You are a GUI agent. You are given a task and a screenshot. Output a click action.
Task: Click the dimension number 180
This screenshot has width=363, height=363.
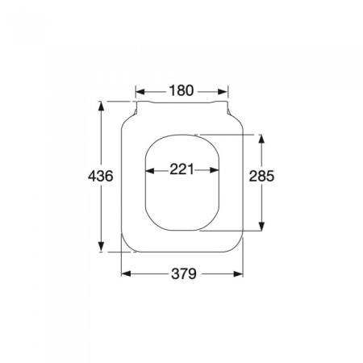(x=181, y=90)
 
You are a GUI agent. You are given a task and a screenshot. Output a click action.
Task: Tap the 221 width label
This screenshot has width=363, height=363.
(x=181, y=169)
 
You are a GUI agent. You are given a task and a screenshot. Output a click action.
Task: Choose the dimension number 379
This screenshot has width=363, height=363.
(x=182, y=274)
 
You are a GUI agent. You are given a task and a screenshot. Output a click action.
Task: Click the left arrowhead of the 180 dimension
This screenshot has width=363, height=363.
(x=139, y=91)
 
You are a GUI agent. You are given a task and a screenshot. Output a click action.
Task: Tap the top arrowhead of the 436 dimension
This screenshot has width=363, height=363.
(x=101, y=104)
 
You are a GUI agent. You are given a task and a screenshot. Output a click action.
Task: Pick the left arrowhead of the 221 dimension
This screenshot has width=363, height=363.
(x=148, y=169)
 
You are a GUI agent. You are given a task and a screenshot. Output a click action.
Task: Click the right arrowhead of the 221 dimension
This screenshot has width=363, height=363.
(x=215, y=169)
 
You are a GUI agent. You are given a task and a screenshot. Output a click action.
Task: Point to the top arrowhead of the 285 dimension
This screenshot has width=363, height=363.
(x=261, y=138)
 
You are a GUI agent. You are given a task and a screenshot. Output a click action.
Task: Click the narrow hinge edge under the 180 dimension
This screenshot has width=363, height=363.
(x=181, y=103)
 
